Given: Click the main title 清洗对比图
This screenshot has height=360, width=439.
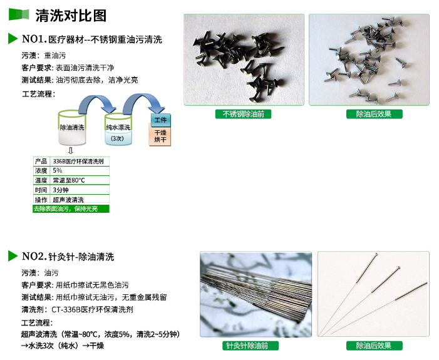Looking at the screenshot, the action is [71, 16].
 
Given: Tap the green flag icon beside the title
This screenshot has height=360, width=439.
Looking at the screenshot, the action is [19, 14].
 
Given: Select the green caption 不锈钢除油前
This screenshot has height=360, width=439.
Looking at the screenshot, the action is [244, 114].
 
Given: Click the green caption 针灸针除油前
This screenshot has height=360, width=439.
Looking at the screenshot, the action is [250, 346].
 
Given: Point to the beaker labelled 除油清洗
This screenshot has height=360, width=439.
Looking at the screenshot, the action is [72, 128].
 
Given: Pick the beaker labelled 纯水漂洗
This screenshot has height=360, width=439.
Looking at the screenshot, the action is [118, 129].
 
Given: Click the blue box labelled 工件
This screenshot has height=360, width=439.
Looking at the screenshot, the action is [160, 120].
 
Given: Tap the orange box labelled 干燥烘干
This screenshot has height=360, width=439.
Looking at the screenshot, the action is [160, 136].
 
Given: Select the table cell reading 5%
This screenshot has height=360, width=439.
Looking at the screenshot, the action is [80, 170].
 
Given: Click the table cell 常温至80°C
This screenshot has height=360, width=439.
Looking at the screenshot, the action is [80, 180].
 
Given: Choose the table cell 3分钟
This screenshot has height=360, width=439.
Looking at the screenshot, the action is [80, 190].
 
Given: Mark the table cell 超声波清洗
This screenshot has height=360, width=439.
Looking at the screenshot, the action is [80, 199].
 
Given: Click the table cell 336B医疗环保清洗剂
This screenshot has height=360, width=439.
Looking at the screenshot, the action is [80, 162].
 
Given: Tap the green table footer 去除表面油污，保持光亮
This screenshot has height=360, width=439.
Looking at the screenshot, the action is [71, 209].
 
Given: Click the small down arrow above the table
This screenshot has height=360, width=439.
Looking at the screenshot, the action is [71, 151].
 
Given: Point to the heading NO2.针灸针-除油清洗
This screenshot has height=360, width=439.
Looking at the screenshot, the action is [68, 257].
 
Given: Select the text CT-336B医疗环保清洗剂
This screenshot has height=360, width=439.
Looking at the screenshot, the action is [93, 310].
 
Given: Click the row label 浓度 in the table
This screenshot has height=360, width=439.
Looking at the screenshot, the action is [41, 170].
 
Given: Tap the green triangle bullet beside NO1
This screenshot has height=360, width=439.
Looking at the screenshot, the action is [13, 39].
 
